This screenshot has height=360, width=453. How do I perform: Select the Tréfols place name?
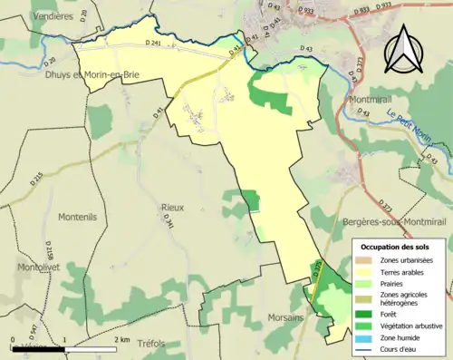(154, 345)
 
